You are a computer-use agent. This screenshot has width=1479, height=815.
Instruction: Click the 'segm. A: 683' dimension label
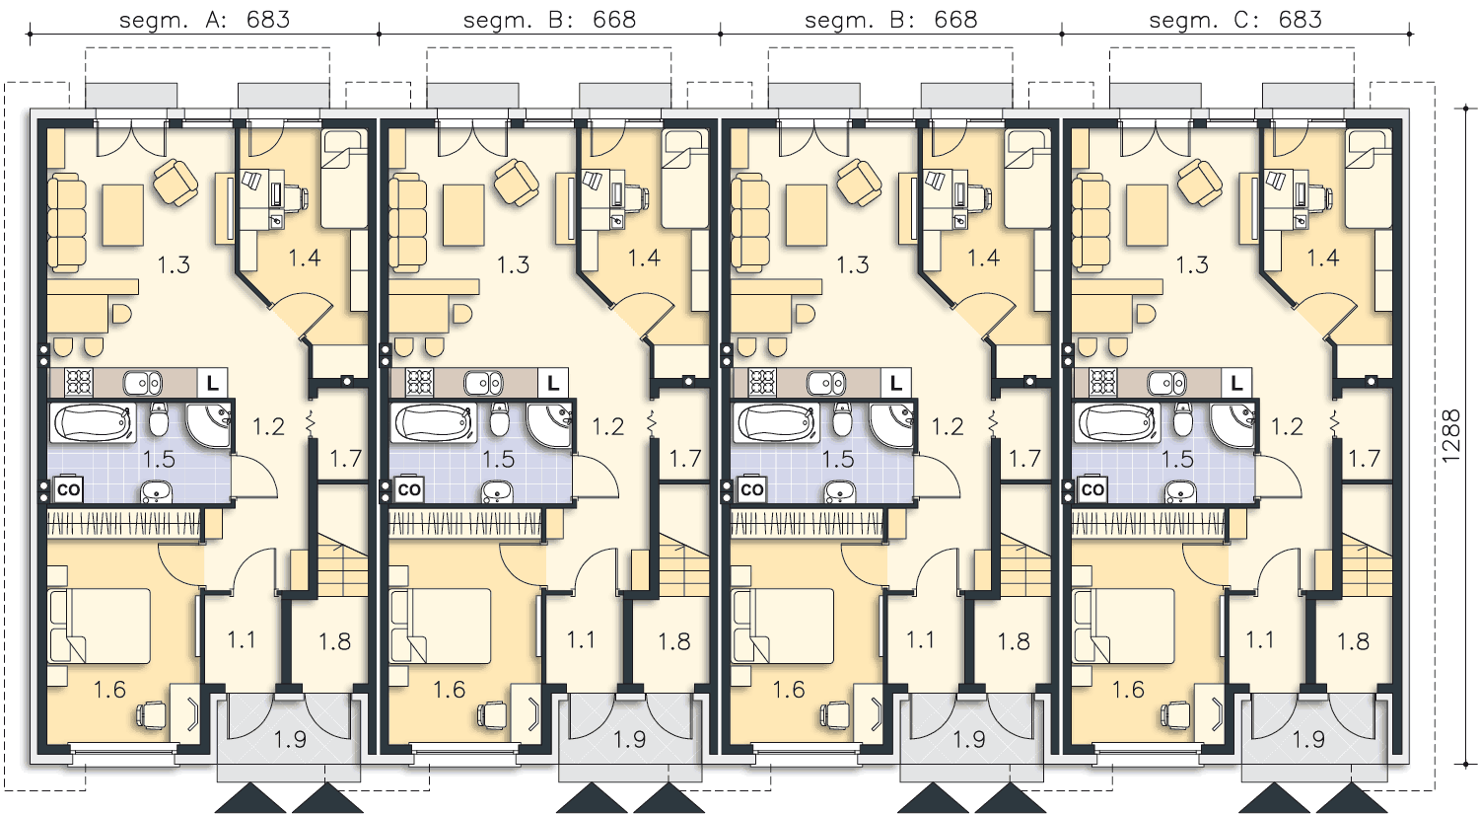pos(205,20)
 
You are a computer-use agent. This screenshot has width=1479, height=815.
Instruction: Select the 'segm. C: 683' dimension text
pos(1235,20)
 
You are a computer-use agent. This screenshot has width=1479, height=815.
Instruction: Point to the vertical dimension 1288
pos(1450,436)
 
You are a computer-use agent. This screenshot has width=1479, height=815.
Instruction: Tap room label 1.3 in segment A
pos(174,265)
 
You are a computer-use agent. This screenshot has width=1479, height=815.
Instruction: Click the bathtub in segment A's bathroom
pos(93,422)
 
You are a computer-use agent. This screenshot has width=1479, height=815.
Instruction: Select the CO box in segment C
pos(1092,489)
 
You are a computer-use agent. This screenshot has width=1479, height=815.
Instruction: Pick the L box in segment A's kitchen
pos(212,383)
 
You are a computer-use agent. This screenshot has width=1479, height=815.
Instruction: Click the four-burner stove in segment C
pos(1103,382)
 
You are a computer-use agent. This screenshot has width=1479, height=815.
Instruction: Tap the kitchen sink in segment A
pos(143,382)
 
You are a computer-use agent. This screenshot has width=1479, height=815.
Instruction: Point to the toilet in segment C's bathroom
pos(1183,419)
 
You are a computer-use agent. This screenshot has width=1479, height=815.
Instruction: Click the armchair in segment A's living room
pos(176,182)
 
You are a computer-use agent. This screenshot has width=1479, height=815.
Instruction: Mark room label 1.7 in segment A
pos(346,458)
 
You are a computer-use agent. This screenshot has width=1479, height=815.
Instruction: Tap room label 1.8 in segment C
pos(1354,641)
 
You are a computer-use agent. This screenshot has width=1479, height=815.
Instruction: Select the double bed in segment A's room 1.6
pos(100,626)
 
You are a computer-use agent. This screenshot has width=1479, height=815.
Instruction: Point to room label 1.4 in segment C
pos(1323,258)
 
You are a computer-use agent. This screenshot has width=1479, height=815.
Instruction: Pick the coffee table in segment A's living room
pos(123,215)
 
